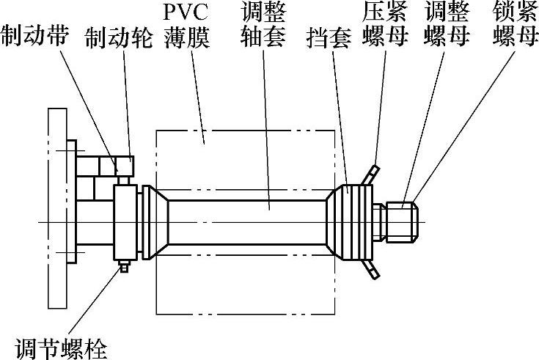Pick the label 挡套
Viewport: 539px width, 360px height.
tap(330, 37)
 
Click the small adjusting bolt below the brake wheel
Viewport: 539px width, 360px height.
tap(124, 267)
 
